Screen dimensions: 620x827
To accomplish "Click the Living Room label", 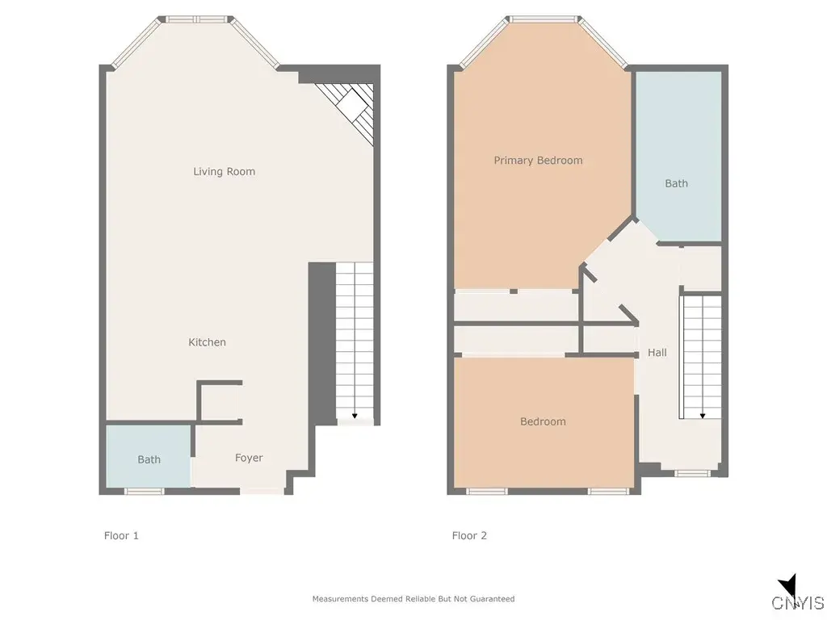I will [x=224, y=171].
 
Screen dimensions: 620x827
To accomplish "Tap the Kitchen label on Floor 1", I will [x=207, y=342].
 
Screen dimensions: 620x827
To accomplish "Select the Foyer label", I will [x=249, y=458].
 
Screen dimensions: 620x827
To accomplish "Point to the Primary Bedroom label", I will [x=538, y=161].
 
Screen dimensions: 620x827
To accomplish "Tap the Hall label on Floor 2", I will [x=657, y=353].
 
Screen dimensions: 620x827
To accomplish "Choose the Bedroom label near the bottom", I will [x=543, y=421].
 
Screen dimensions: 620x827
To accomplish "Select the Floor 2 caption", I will [x=469, y=535].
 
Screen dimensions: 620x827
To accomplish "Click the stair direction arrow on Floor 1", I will [x=355, y=415].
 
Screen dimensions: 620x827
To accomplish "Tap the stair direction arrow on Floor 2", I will [x=703, y=415].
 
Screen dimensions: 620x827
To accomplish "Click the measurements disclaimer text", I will [x=413, y=599].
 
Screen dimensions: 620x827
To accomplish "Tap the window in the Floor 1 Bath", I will [x=144, y=491].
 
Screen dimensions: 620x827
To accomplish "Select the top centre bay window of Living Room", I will [x=195, y=18].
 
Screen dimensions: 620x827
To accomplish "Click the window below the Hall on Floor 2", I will [x=691, y=473].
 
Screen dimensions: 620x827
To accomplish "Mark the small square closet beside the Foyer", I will [x=220, y=401].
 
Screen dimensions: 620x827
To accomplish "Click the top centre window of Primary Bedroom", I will [x=544, y=18].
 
